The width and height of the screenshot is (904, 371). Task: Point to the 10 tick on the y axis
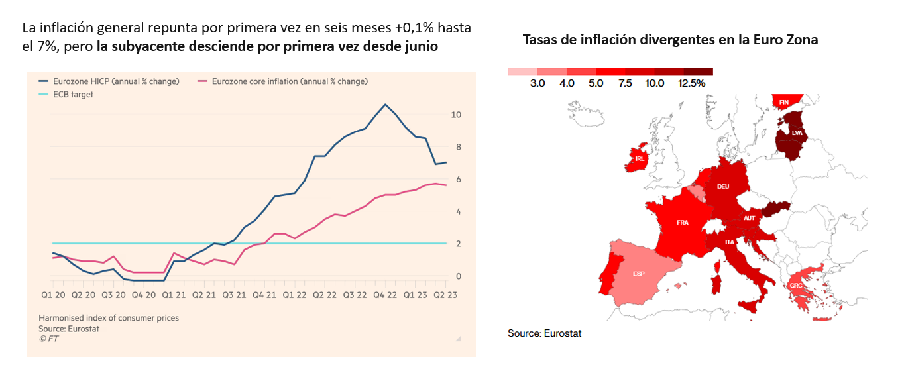coord(456,115)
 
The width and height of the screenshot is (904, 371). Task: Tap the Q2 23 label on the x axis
coord(445,293)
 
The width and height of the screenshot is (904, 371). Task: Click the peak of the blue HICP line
coord(385,105)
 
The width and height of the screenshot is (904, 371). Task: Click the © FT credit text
coord(48,337)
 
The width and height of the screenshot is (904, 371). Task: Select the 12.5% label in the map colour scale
coord(691,84)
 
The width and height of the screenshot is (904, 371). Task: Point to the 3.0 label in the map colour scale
coord(537,84)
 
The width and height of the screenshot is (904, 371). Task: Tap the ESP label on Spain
coord(639,273)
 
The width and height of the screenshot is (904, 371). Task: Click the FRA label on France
coord(683,223)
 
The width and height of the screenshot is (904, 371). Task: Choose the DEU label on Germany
coord(723,187)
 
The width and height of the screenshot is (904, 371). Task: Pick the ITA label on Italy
coord(728,242)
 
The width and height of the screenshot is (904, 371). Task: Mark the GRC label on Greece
coord(795,286)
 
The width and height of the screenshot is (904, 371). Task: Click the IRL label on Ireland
coord(640,159)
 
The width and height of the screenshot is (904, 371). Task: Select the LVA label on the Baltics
coord(797,133)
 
